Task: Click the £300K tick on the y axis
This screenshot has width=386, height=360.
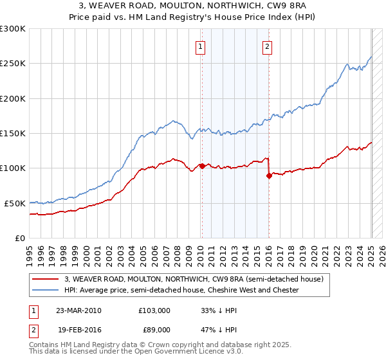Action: coord(13,29)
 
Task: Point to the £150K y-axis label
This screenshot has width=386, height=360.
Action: coord(13,133)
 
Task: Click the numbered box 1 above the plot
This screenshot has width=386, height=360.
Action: coord(201,46)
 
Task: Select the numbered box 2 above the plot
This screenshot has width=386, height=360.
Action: coord(267,46)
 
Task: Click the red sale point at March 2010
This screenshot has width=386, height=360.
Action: coord(202,166)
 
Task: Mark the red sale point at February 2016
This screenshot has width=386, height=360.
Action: coord(269,175)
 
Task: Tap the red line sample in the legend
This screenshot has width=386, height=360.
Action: coord(44,279)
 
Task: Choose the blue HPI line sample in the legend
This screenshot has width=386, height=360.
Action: coord(44,290)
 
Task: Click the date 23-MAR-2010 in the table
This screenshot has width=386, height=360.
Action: coord(79,310)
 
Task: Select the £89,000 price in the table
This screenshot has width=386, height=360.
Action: coord(154,329)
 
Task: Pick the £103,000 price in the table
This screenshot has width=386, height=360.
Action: coord(154,310)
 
